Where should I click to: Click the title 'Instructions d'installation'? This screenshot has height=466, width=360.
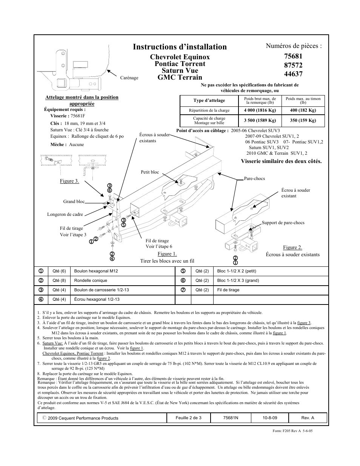point(180,47)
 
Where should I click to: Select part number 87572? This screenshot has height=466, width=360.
point(293,65)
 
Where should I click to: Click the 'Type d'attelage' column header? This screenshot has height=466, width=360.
point(209,100)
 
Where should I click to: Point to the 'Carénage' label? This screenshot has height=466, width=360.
point(129,78)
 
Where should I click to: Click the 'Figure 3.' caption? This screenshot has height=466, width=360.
point(69,181)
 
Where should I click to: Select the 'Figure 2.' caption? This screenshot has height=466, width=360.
point(292,248)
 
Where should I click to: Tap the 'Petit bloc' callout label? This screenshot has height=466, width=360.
point(150,172)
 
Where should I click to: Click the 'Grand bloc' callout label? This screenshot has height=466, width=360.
point(74,201)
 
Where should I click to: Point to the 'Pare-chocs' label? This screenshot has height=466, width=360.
point(254,178)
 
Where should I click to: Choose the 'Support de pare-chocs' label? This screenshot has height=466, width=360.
point(283,223)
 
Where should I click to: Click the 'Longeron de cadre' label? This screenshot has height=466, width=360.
point(65,214)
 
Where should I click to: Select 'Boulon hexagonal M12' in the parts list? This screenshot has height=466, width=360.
point(96,271)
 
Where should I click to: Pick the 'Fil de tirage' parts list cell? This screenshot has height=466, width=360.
point(228,290)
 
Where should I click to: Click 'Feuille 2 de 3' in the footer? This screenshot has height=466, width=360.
point(188,418)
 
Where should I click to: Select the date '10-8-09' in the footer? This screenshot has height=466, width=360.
point(270,418)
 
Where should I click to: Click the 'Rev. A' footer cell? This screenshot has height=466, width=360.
point(308,418)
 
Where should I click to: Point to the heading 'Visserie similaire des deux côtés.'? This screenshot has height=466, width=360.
point(281,161)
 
